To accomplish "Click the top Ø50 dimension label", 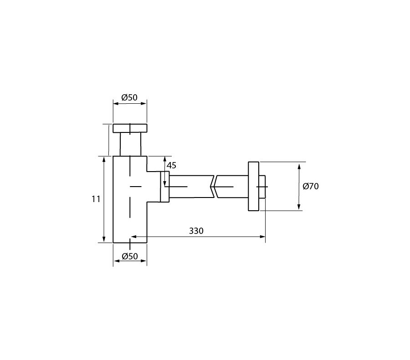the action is (x=129, y=97).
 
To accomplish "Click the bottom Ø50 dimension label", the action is (x=130, y=256).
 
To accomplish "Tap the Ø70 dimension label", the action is (x=311, y=186).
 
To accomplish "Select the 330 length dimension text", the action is (x=196, y=231).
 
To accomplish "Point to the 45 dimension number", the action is (x=172, y=165).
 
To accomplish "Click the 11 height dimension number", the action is (x=96, y=199).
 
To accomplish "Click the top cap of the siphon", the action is (x=130, y=128).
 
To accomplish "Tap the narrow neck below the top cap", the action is (x=130, y=144).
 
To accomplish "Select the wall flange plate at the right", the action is (x=253, y=186).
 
